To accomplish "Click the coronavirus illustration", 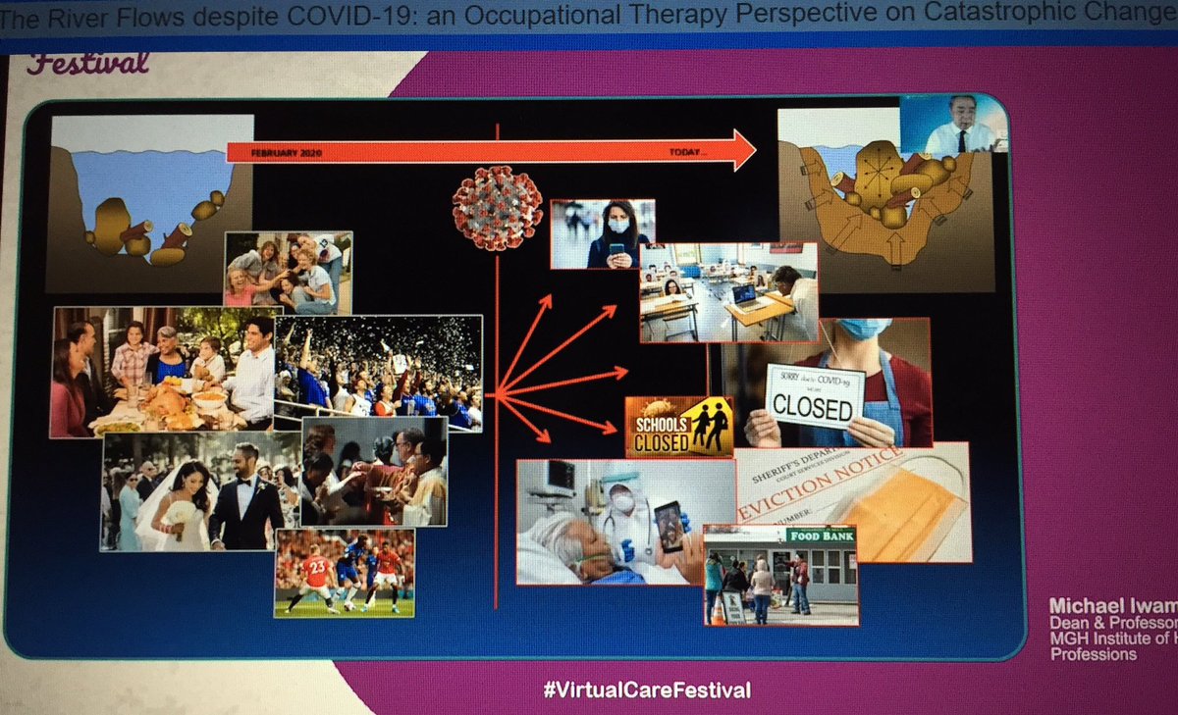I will pos(497,208).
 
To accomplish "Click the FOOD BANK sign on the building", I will pos(819,536).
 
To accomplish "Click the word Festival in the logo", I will pos(88,65).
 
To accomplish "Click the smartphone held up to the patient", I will pos(670,526).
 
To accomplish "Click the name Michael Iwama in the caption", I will pos(1112,604).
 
